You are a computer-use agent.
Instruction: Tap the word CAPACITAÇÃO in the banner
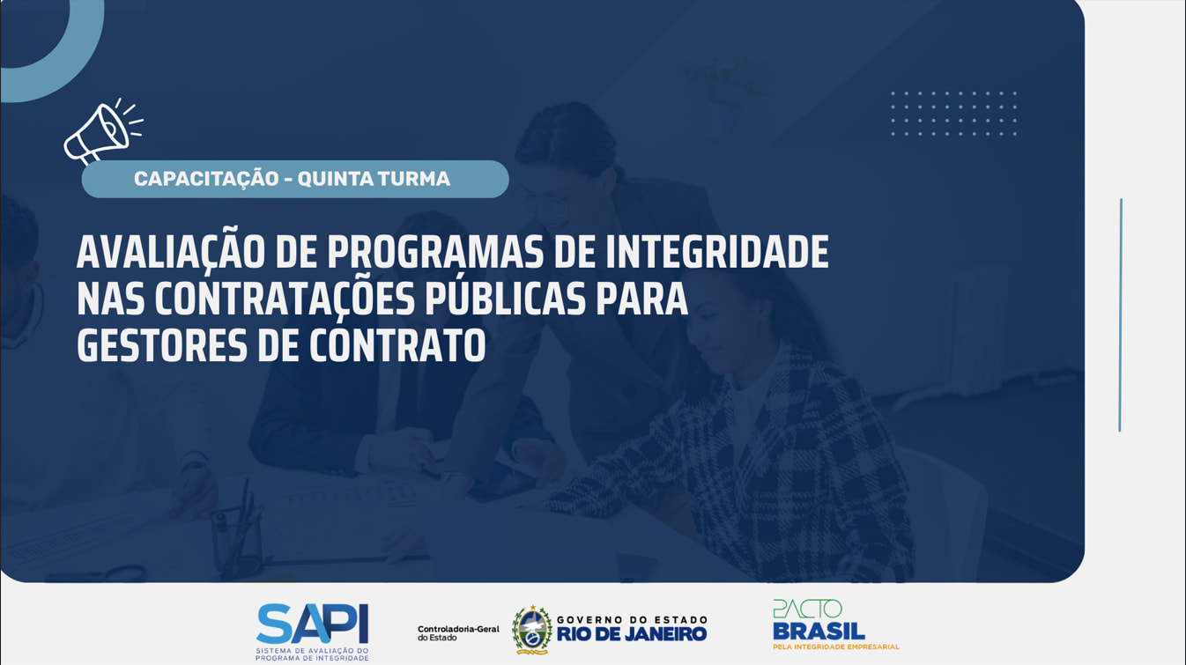[x=206, y=179]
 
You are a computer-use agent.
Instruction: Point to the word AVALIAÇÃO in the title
[x=170, y=251]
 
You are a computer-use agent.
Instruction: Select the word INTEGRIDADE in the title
[x=717, y=252]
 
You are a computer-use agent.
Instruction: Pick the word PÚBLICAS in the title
[x=506, y=297]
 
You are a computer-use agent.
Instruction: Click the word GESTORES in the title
[x=162, y=346]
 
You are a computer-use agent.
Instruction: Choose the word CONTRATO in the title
[x=397, y=346]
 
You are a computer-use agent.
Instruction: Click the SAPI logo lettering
[x=313, y=624]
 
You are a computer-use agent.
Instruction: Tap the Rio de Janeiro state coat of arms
[x=531, y=630]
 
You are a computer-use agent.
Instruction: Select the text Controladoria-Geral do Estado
[x=458, y=633]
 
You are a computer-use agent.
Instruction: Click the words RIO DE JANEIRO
[x=632, y=634]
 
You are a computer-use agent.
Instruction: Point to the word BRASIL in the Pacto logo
[x=819, y=632]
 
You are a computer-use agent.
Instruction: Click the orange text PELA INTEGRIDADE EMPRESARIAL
[x=836, y=647]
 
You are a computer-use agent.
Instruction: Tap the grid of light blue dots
[x=953, y=114]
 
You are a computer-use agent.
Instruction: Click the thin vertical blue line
[x=1120, y=315]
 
